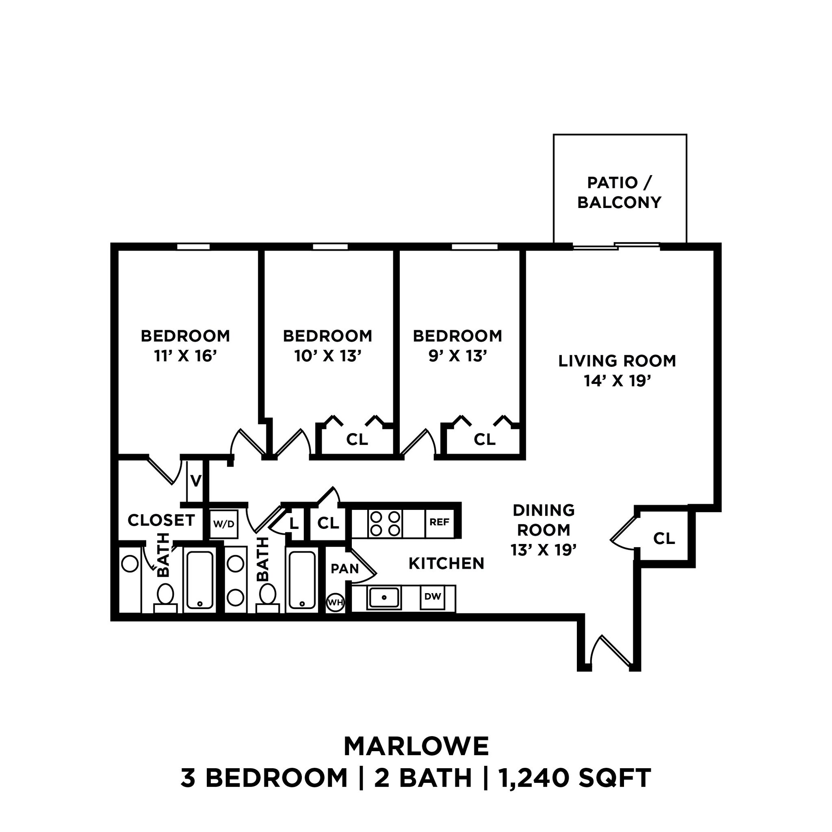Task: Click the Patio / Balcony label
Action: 619,193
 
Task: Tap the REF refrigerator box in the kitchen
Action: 439,522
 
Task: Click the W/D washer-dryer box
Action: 224,524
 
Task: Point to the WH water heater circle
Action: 336,602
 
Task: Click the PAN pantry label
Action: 344,569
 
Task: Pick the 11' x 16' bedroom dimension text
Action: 185,356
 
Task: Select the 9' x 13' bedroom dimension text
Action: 457,356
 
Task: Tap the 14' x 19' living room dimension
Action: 617,381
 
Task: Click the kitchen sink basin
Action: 383,597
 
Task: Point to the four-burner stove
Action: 385,524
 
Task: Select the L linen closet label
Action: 294,524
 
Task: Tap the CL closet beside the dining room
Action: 664,538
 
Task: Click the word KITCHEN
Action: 446,563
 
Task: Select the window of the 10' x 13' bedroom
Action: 330,247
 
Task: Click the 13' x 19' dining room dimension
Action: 544,550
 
